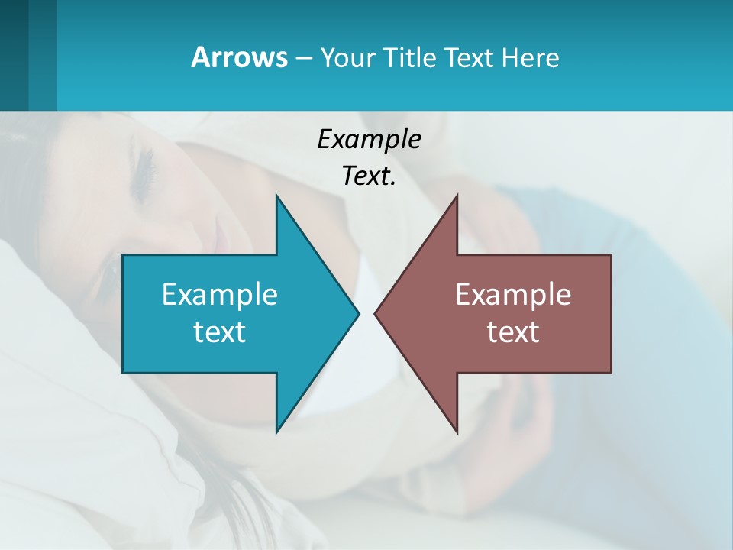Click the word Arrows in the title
(239, 57)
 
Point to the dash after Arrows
(302, 59)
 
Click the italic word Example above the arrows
(369, 140)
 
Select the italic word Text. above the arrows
(369, 176)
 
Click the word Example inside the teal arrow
(220, 294)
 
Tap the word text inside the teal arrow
(220, 332)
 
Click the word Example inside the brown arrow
(513, 294)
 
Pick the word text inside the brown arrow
(513, 332)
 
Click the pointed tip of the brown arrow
(376, 313)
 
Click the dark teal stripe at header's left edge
(14, 55)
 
